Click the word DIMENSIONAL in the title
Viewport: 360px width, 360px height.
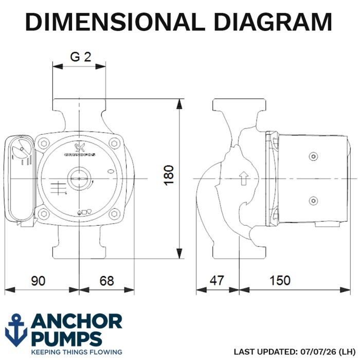pyautogui.click(x=115, y=22)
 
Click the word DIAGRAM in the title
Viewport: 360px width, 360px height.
pyautogui.click(x=273, y=22)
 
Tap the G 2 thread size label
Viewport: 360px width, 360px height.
pyautogui.click(x=81, y=57)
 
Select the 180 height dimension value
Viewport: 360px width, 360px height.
pyautogui.click(x=169, y=175)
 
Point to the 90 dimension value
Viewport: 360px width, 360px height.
pyautogui.click(x=39, y=281)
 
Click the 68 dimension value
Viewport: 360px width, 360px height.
pyautogui.click(x=106, y=281)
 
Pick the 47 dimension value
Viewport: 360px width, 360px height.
pyautogui.click(x=217, y=281)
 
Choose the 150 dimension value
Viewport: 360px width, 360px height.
pyautogui.click(x=280, y=281)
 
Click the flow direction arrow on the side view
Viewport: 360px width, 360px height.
pyautogui.click(x=244, y=178)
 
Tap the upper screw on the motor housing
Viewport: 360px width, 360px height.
pyautogui.click(x=313, y=157)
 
